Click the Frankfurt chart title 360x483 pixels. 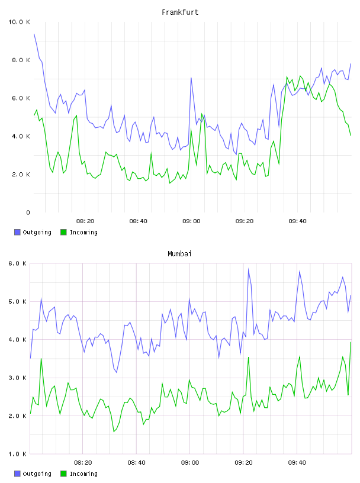(180, 12)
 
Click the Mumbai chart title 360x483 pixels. (179, 254)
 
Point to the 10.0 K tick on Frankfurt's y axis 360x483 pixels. (19, 22)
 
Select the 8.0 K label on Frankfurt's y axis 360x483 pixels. (21, 60)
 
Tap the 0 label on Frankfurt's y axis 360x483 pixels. (28, 212)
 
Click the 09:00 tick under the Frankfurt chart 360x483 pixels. (191, 221)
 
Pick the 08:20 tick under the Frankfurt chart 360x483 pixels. (85, 221)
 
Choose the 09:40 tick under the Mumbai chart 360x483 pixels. (297, 463)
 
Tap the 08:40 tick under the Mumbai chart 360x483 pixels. (137, 463)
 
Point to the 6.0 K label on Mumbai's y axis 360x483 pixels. (18, 263)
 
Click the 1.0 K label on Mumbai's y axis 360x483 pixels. (18, 454)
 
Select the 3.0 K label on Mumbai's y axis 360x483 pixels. (18, 378)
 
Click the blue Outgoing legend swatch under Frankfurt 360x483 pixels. (17, 232)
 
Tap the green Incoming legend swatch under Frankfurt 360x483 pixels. (63, 232)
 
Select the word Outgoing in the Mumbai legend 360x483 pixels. (37, 474)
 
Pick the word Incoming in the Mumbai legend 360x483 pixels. (83, 474)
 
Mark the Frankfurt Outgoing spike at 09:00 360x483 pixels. (191, 78)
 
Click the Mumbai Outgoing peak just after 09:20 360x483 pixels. (249, 269)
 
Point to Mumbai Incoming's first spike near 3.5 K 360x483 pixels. (41, 359)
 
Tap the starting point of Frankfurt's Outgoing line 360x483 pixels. (34, 34)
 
